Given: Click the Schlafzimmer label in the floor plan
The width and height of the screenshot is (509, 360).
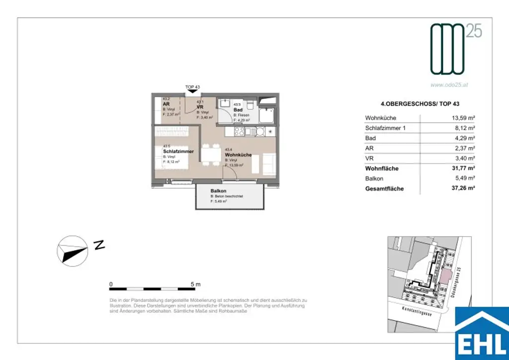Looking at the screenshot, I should pos(178,151).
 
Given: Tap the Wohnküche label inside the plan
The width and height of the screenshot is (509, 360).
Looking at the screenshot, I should pos(238,155).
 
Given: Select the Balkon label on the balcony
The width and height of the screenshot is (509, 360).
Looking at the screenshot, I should pos(218,191).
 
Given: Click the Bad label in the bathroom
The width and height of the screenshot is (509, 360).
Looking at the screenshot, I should pos(238,110).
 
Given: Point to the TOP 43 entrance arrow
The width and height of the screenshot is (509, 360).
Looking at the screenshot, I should pos(192,91).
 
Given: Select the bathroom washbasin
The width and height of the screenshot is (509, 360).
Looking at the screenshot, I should pos(227,104).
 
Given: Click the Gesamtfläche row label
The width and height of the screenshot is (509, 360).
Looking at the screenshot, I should pos(384,189).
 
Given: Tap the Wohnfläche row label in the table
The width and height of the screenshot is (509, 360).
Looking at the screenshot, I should pos(382,169).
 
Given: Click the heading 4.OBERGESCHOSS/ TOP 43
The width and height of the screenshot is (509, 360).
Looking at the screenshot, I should pos(419,103).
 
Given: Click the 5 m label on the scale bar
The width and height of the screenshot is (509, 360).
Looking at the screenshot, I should pos(195,284).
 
